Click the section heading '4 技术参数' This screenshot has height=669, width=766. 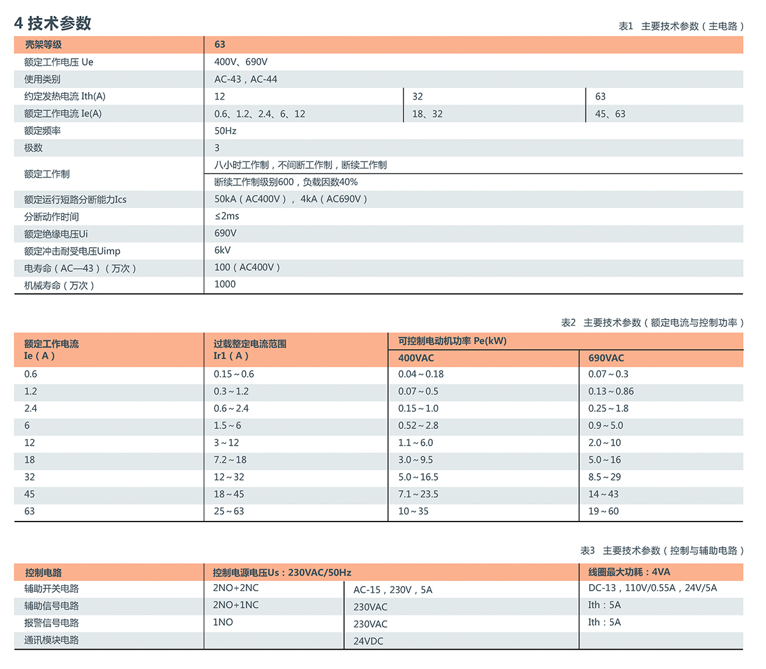tap(53, 24)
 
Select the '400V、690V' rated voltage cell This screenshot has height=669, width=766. tap(241, 62)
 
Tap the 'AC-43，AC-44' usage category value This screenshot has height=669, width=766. tap(246, 79)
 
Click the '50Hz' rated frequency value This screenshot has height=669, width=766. tap(225, 131)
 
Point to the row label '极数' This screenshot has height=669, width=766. tap(33, 147)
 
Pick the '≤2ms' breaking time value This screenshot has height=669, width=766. tap(227, 216)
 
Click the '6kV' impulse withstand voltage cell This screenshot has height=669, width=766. tap(223, 250)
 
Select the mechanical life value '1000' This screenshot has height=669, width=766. tap(225, 284)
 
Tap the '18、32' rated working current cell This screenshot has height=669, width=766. tap(427, 114)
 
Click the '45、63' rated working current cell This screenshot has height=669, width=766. tap(610, 114)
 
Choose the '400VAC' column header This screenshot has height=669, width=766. tap(416, 358)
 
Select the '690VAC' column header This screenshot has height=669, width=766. tap(606, 358)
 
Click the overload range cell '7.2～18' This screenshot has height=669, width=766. tap(230, 460)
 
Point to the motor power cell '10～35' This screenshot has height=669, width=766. tap(413, 511)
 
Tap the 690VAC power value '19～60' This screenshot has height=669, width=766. tap(603, 511)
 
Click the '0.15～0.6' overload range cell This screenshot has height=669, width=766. tap(234, 374)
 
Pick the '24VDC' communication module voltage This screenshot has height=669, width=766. tap(368, 641)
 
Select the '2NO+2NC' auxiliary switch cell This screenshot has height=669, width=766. tap(236, 588)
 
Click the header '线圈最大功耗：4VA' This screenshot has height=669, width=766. tap(629, 572)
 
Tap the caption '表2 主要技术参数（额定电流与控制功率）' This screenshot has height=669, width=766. tap(652, 323)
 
